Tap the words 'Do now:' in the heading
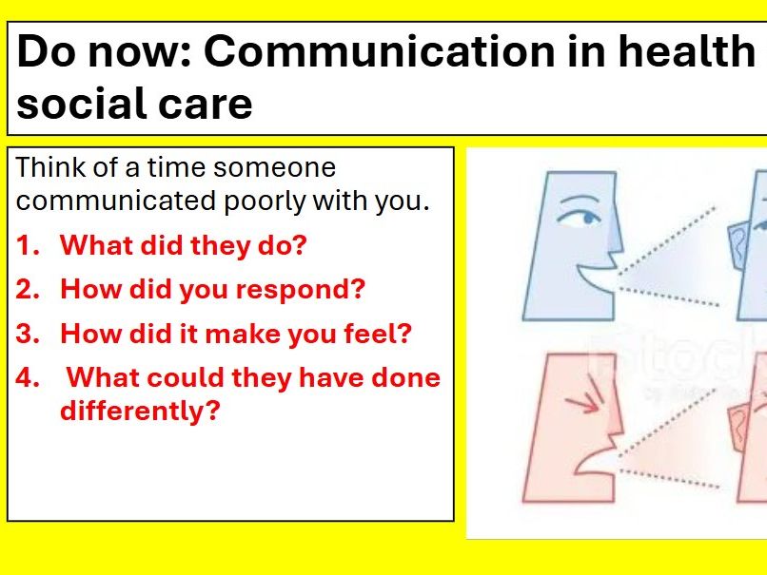click(105, 52)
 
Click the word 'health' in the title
click(685, 52)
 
